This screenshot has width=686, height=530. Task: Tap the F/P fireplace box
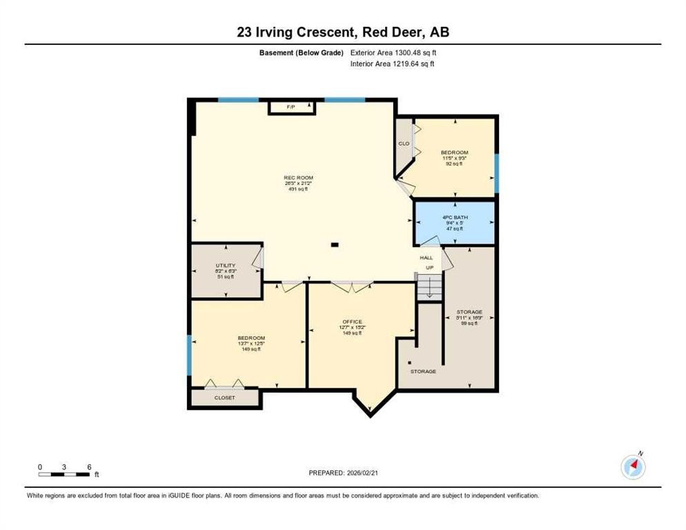[291, 107]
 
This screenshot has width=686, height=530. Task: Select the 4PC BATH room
[454, 223]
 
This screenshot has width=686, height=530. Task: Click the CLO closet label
[404, 144]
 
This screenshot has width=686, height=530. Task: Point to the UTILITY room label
[226, 266]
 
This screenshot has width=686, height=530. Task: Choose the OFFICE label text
[352, 322]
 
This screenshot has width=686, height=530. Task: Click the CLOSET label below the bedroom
[224, 398]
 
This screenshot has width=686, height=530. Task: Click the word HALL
[427, 257]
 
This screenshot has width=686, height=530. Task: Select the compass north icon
[633, 467]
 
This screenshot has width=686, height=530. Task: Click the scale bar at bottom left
[64, 473]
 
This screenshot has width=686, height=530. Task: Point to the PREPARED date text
[343, 473]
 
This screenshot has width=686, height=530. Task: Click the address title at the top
[343, 32]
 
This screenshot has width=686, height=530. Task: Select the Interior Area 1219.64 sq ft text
[392, 64]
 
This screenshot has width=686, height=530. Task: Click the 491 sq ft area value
[298, 189]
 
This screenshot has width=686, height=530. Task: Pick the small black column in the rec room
[335, 244]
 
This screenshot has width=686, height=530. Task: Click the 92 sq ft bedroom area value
[454, 164]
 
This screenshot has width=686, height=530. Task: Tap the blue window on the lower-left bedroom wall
[188, 355]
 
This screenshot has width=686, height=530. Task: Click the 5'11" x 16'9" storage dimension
[469, 318]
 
